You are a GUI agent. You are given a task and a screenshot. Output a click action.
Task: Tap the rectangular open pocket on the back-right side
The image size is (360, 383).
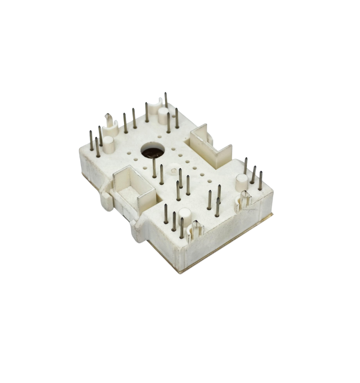210,143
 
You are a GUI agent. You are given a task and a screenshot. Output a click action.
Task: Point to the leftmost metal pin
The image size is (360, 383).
91,140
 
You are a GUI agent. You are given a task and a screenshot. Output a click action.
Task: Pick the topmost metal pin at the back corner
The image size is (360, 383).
166,100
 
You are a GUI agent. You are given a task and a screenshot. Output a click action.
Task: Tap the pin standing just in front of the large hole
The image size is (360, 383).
154,168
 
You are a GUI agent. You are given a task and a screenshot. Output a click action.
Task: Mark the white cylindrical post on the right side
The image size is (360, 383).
241,181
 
